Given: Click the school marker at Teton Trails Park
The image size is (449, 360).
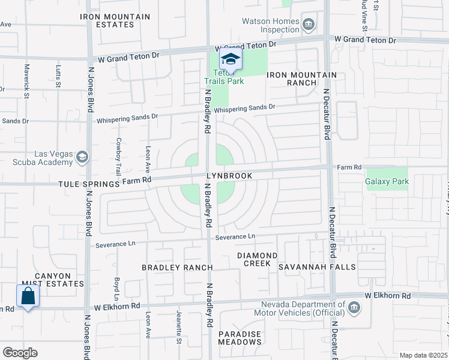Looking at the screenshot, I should point(230,59).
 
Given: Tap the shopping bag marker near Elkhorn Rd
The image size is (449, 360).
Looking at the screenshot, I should point(28,296).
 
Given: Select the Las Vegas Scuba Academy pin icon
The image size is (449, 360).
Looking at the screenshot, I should point(82,157).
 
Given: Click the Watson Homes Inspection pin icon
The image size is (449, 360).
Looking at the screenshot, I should point(309,25).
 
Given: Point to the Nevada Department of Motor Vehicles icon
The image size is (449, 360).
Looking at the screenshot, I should point(354,308).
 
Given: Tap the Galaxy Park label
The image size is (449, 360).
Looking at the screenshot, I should point(387,181).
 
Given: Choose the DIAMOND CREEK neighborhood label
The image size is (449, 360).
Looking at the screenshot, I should point(257,259).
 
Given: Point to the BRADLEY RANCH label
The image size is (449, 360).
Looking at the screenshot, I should point(177,267).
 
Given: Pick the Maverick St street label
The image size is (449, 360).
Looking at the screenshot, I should point(27,81).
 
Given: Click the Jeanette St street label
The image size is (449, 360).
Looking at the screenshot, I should point(179,328).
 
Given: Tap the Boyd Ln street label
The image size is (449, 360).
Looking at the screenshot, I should point(116,289).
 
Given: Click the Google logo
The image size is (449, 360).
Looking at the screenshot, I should point(20,353).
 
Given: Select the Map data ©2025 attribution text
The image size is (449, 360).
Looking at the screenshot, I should point(423,355).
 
